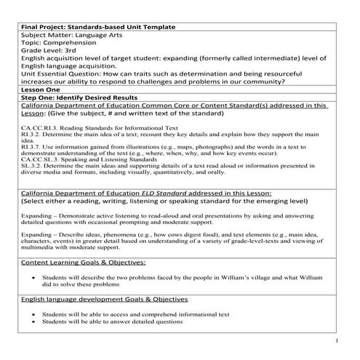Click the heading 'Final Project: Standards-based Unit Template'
(x=98, y=27)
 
